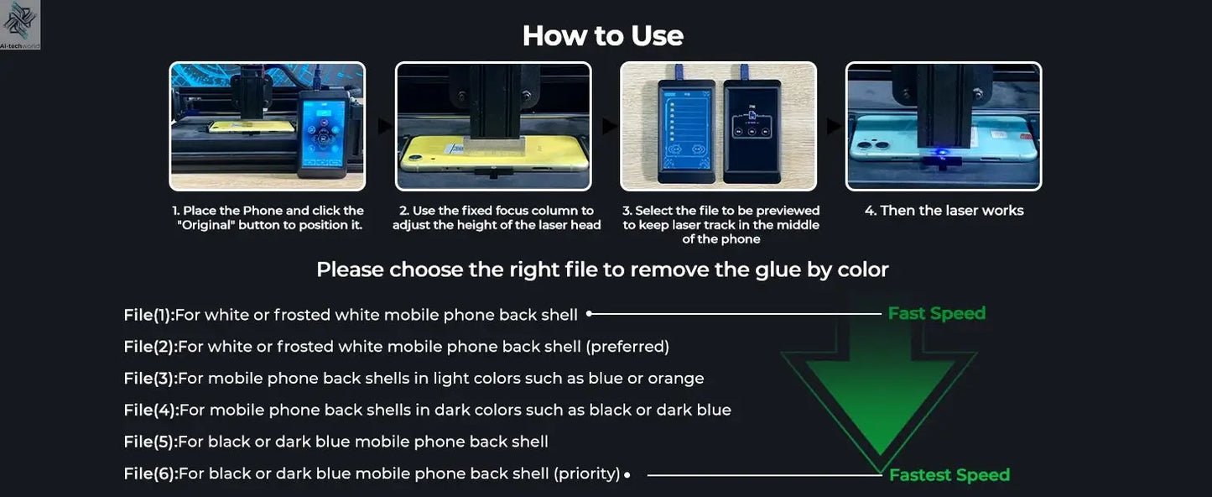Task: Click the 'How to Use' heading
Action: tap(602, 35)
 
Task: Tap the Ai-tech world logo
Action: tap(20, 24)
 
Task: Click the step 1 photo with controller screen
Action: tap(268, 126)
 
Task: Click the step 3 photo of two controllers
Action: tap(718, 126)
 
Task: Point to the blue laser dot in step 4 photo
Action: tap(942, 154)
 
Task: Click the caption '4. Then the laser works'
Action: tap(944, 211)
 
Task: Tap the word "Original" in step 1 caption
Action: tap(206, 225)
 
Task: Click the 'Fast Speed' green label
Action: tap(936, 313)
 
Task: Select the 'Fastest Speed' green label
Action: tap(949, 475)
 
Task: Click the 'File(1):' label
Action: tap(148, 315)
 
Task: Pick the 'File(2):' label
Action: tap(150, 347)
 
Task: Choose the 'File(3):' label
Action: tap(150, 379)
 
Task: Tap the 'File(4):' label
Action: tap(151, 411)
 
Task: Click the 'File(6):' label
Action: tap(150, 473)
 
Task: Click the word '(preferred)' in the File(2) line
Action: tap(627, 347)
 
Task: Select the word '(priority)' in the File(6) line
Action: tap(586, 473)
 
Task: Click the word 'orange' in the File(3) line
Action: tap(676, 379)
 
